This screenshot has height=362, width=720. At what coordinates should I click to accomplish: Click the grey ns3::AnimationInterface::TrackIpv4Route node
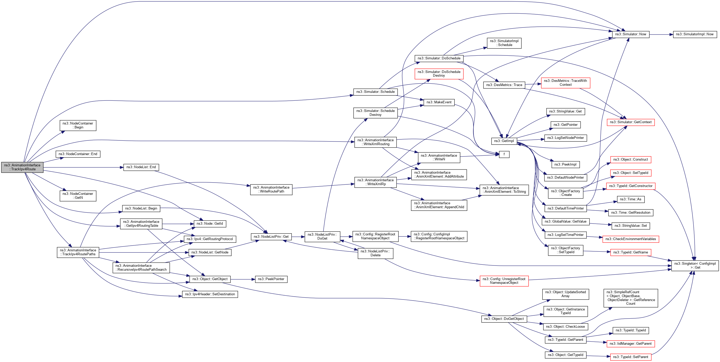click(x=22, y=167)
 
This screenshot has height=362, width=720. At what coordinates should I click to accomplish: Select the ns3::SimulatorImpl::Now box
click(x=695, y=34)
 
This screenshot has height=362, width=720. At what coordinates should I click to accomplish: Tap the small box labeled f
click(x=504, y=154)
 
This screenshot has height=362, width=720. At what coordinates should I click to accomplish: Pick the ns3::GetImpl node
click(x=504, y=141)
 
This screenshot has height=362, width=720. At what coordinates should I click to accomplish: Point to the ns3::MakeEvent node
click(x=439, y=102)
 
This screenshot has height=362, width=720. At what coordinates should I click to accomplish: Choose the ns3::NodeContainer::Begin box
click(x=78, y=125)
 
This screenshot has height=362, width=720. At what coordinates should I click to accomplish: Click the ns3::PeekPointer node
click(x=271, y=279)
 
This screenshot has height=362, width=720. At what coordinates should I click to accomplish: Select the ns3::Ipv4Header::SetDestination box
click(x=210, y=294)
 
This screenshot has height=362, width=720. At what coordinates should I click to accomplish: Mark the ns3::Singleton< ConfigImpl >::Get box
click(x=695, y=265)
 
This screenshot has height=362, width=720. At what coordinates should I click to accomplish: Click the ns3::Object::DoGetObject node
click(x=504, y=319)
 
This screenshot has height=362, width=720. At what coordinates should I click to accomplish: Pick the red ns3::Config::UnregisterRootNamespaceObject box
click(x=504, y=281)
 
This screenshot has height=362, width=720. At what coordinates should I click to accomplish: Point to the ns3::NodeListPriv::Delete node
click(x=375, y=253)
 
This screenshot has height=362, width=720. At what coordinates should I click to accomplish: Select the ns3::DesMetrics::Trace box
click(x=504, y=85)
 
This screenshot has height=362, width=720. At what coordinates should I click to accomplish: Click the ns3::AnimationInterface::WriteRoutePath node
click(x=271, y=190)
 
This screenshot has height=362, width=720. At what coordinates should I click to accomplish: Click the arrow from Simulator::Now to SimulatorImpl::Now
click(x=661, y=34)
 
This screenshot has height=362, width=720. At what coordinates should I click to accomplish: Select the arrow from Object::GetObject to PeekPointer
click(x=243, y=279)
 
